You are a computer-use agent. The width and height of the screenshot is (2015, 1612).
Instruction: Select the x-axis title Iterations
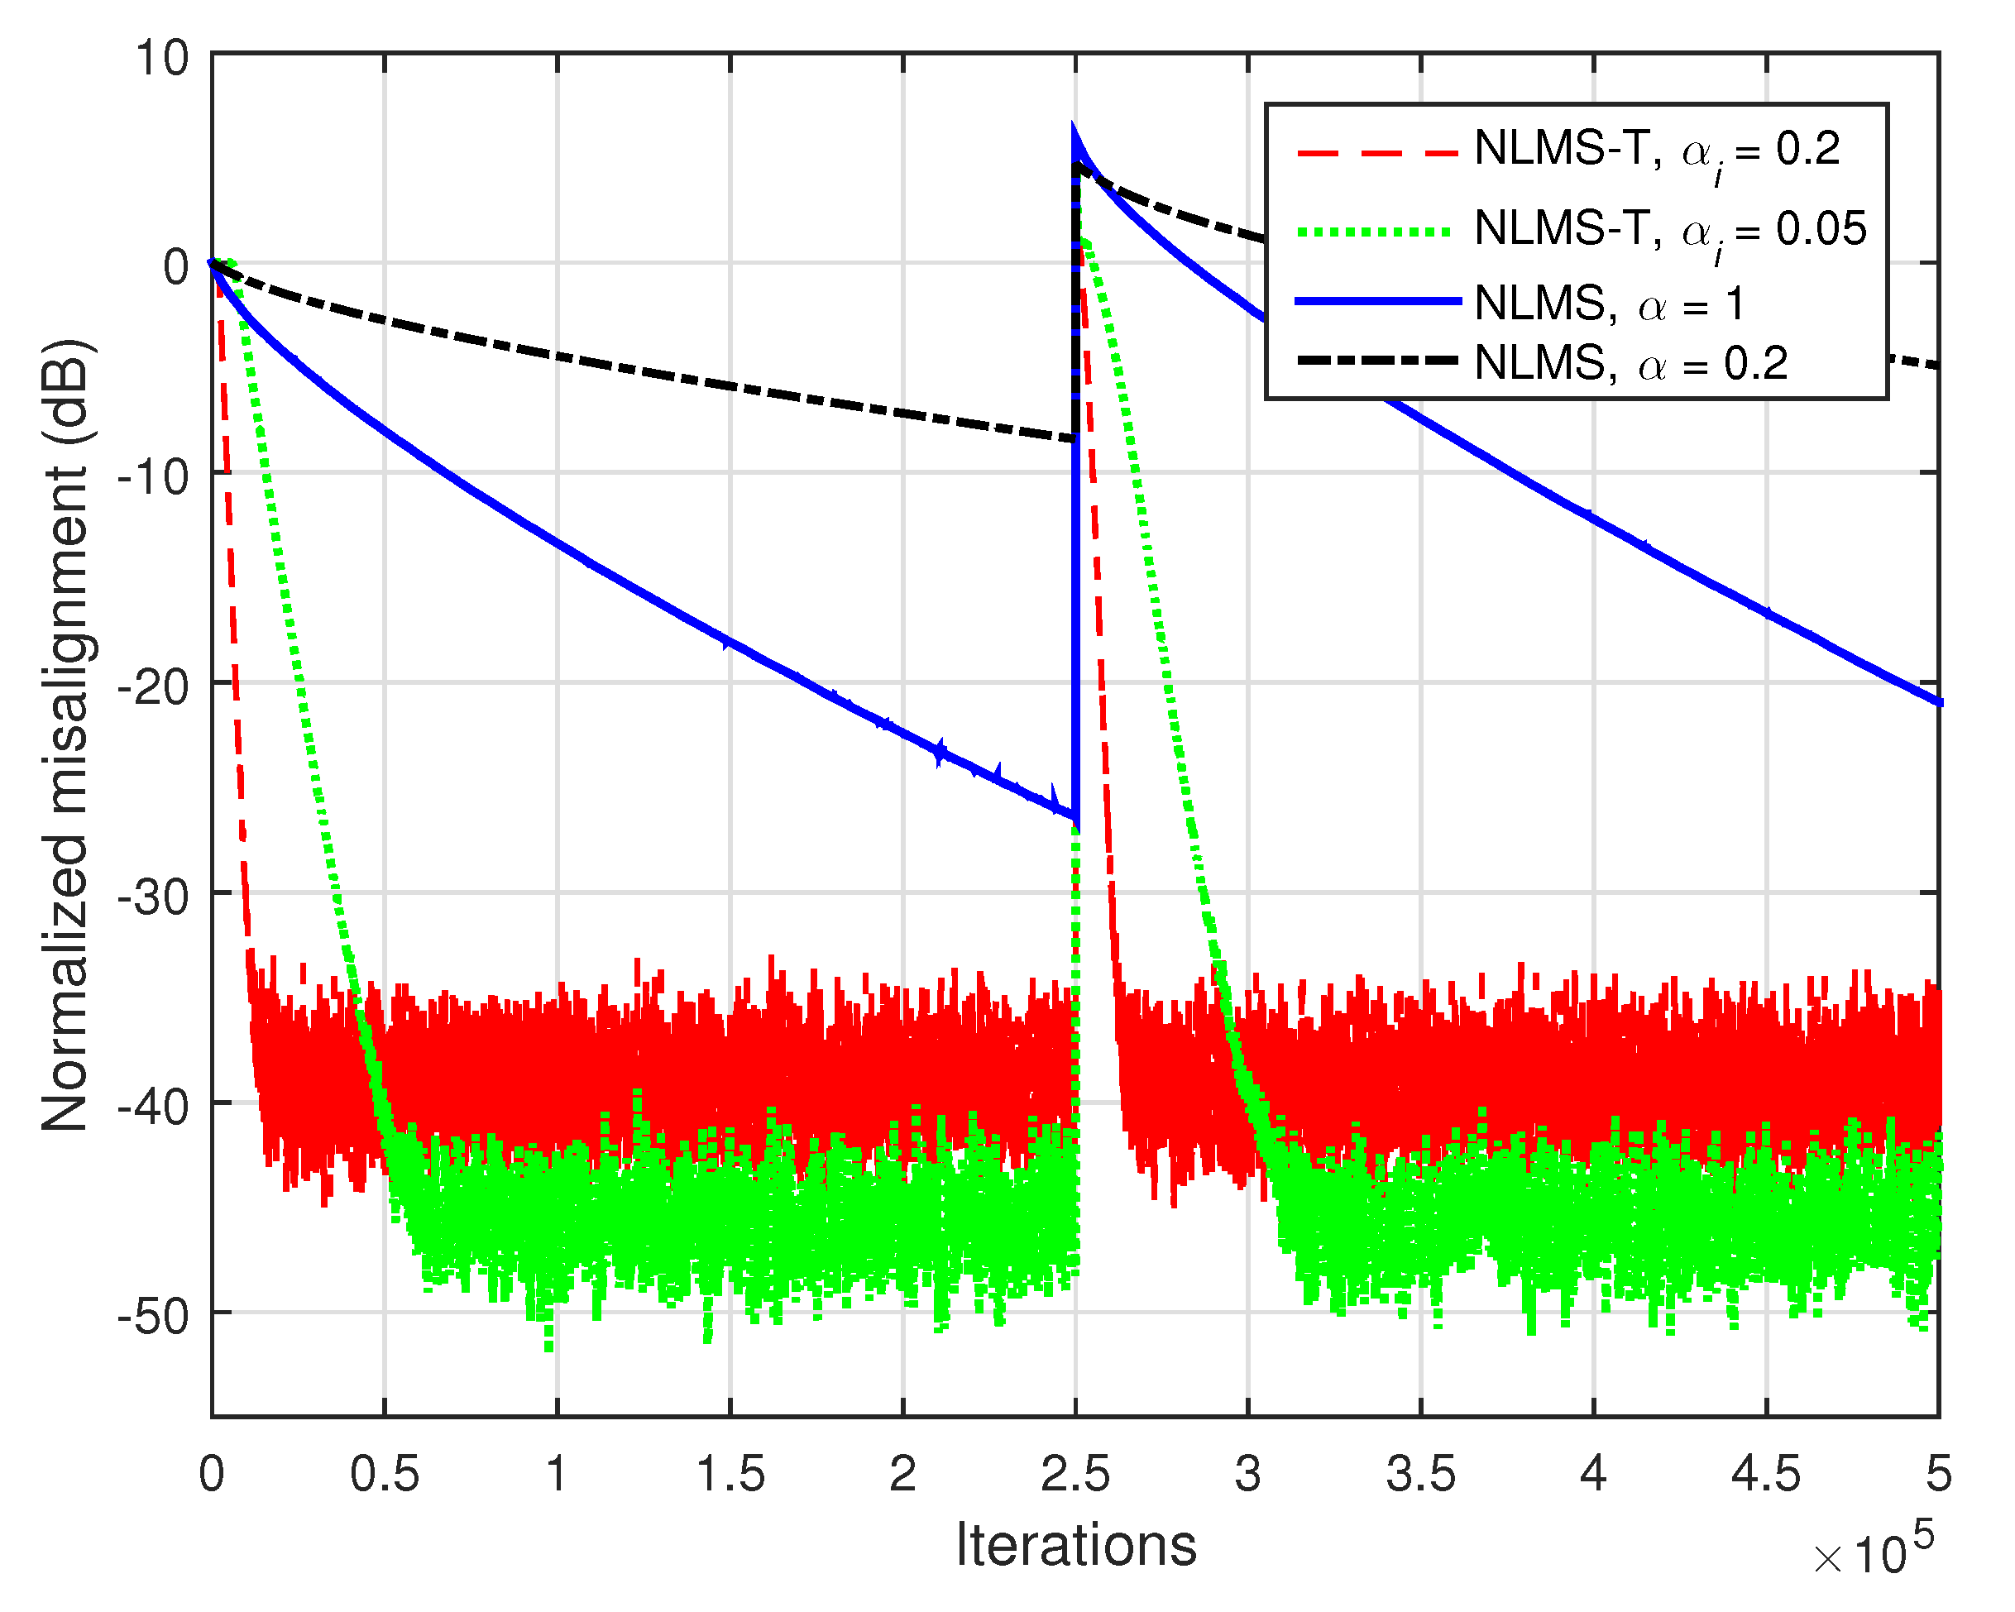pyautogui.click(x=1075, y=1546)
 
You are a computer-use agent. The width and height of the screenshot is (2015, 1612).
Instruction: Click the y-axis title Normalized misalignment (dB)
pyautogui.click(x=65, y=735)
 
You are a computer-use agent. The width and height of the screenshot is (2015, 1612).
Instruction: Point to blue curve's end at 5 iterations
pyautogui.click(x=1936, y=703)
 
